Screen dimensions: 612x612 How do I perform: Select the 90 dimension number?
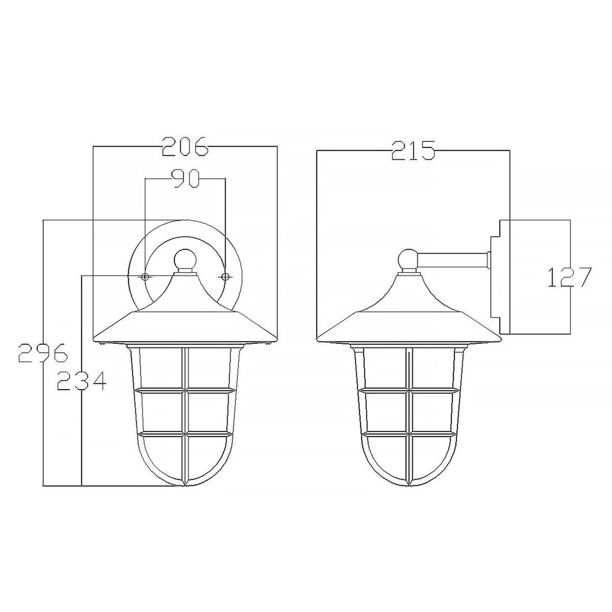pos(185,179)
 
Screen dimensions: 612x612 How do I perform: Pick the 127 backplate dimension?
pos(569,277)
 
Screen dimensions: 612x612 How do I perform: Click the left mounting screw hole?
pos(145,276)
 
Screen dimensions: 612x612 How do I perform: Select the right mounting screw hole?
pos(224,276)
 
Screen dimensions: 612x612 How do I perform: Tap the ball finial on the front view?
pos(185,259)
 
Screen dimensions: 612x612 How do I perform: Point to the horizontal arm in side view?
pos(451,260)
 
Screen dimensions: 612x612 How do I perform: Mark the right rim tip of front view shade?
pos(277,341)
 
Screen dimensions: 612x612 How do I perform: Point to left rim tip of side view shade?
pos(317,341)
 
